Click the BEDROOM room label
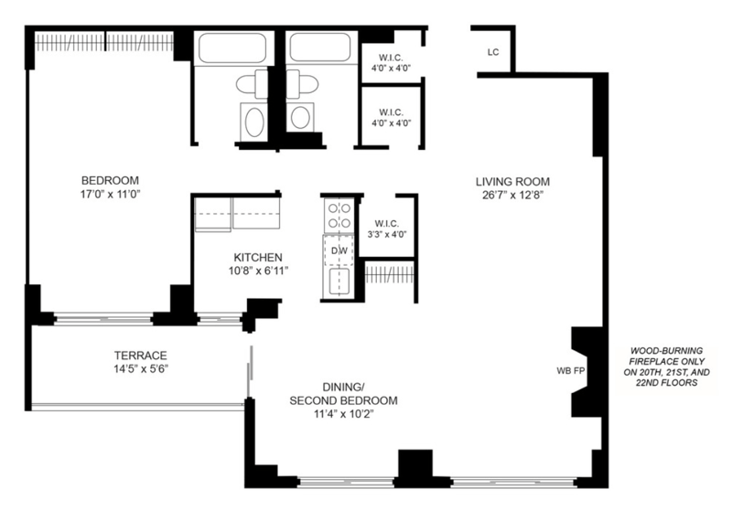(x=110, y=180)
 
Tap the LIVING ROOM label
(x=512, y=182)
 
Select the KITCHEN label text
(x=258, y=258)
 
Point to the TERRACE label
(x=141, y=356)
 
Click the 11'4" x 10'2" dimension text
(x=343, y=414)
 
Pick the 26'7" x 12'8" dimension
(x=513, y=195)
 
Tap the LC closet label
(x=493, y=52)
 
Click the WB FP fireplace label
(x=571, y=371)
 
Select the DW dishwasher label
(x=339, y=250)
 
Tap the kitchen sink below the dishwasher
(x=339, y=282)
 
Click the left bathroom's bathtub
(x=233, y=48)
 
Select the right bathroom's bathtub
(x=320, y=47)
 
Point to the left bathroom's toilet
(x=253, y=84)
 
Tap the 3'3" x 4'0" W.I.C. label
(x=387, y=229)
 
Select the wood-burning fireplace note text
(x=667, y=367)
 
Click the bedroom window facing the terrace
(x=103, y=320)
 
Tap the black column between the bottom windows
(x=415, y=467)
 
